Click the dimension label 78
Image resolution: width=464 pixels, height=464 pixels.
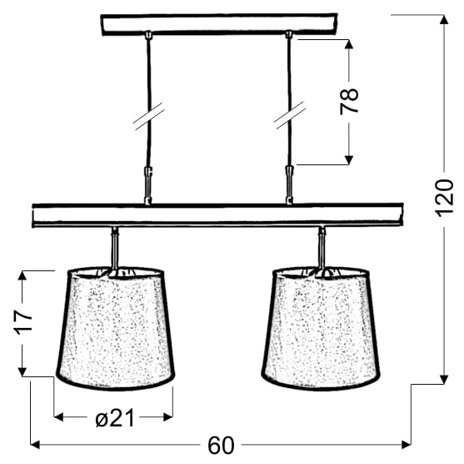click(x=349, y=101)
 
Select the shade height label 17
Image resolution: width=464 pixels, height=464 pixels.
click(x=24, y=322)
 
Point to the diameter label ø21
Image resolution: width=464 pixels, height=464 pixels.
click(x=115, y=418)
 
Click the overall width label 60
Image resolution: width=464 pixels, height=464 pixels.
click(x=221, y=446)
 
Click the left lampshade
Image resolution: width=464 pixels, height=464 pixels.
click(x=116, y=329)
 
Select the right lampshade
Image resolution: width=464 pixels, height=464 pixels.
click(x=321, y=329)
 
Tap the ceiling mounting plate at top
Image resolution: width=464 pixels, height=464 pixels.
click(x=219, y=24)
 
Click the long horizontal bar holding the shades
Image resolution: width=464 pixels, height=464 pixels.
click(x=217, y=215)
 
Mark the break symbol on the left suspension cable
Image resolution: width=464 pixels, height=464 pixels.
click(x=149, y=117)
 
